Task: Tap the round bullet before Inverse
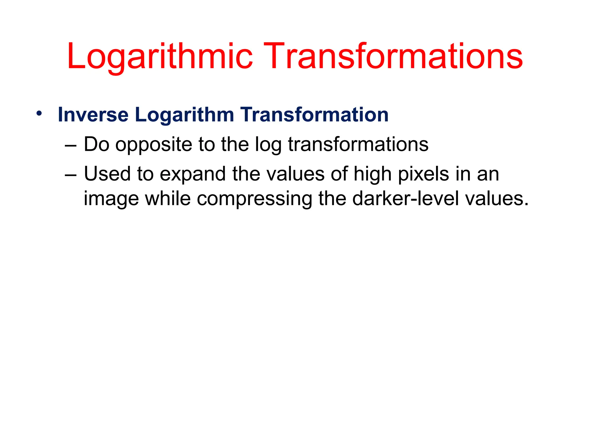39,113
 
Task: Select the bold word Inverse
93,115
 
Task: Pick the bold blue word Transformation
315,115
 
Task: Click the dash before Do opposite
71,145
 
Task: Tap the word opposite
154,145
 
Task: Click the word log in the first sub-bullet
268,145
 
